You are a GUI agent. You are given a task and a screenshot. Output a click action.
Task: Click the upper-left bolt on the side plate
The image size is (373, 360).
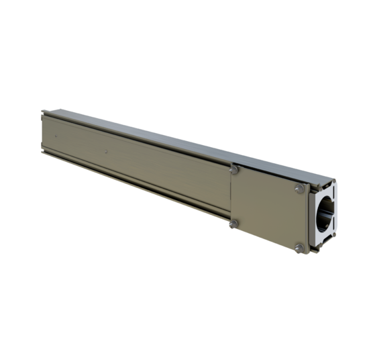(233, 171)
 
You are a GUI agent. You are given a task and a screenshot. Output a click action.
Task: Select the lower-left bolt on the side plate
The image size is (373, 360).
(233, 224)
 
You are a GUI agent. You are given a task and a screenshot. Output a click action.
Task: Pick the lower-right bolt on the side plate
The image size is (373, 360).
(297, 249)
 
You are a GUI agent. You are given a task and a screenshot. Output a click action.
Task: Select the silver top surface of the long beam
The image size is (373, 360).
(168, 138)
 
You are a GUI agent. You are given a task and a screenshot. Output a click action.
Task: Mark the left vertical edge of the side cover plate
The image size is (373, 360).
(231, 198)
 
